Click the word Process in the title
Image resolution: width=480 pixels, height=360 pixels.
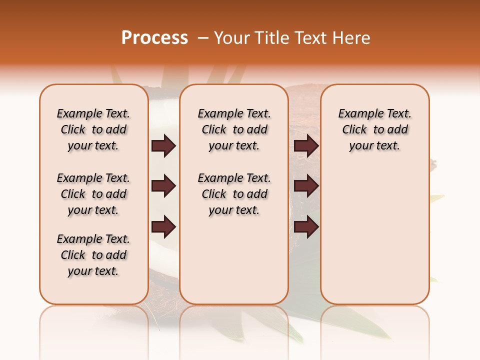pos(154,38)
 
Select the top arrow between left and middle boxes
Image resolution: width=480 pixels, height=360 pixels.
pos(163,146)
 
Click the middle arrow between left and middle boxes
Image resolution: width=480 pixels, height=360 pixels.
pos(163,186)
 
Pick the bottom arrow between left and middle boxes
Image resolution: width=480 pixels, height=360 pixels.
pos(163,227)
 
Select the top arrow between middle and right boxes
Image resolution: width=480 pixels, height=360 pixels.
pos(306,146)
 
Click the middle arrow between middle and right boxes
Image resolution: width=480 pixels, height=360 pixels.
pos(306,186)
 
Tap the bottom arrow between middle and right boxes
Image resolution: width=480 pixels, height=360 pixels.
pos(306,227)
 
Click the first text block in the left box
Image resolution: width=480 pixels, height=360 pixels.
pos(93,129)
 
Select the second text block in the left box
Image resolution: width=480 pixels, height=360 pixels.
pos(93,194)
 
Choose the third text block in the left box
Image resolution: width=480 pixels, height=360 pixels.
pos(93,255)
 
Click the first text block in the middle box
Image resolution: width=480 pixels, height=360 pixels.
pos(234,129)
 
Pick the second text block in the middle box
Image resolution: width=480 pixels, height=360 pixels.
pos(234,194)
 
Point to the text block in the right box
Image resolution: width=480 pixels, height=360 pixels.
pos(374,129)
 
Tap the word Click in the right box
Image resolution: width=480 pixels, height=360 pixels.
pos(354,130)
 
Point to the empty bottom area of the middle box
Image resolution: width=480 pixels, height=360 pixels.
pos(234,265)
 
